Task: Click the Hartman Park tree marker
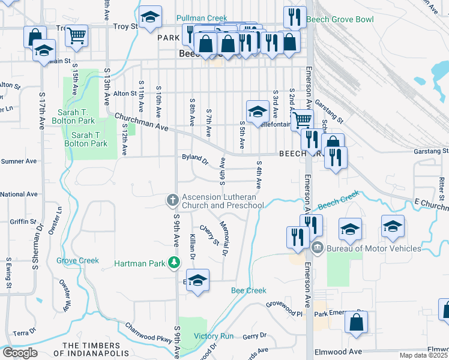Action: tap(174, 262)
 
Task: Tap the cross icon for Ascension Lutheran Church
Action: tap(172, 199)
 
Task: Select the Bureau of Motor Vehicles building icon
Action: tap(317, 247)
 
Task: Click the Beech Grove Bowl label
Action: tap(340, 19)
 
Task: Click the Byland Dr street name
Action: tap(195, 160)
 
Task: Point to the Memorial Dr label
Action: tap(223, 239)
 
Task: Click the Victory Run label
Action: tap(213, 336)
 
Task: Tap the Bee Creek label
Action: tap(249, 290)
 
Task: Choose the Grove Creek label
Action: tap(77, 260)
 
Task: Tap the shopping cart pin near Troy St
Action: tap(76, 35)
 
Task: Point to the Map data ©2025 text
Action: tap(423, 355)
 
